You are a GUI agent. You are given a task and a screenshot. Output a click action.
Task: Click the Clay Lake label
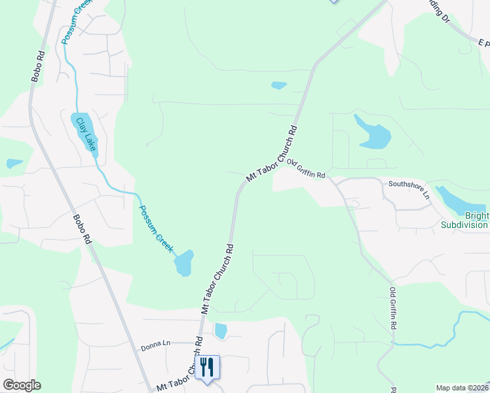pyautogui.click(x=86, y=134)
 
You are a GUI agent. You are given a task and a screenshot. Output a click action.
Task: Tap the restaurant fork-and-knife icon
pyautogui.click(x=208, y=367)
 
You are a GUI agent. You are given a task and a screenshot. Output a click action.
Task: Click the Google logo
pyautogui.click(x=22, y=385)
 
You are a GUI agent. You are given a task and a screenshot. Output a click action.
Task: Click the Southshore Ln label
pyautogui.click(x=409, y=190)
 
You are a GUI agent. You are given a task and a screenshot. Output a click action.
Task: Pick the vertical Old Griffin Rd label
pyautogui.click(x=394, y=308)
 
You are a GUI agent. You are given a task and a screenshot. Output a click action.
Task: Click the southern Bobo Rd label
pyautogui.click(x=82, y=230)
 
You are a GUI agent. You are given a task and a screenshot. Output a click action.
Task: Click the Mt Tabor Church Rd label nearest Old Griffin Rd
pyautogui.click(x=271, y=154)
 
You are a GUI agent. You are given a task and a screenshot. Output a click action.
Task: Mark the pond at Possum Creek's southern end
pyautogui.click(x=184, y=263)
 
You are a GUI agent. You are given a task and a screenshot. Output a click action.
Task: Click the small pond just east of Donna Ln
pyautogui.click(x=221, y=331)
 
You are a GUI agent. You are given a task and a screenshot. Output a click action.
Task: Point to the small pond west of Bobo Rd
pyautogui.click(x=14, y=163)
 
